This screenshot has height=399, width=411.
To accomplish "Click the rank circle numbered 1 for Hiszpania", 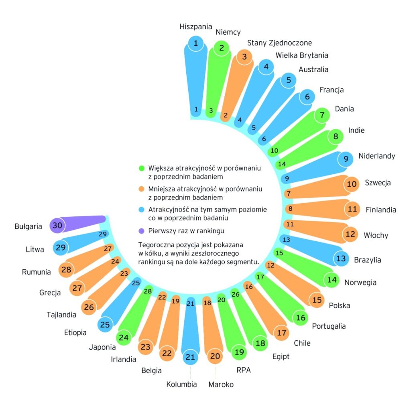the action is click(x=196, y=43).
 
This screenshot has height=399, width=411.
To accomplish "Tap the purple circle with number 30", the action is click(x=57, y=225).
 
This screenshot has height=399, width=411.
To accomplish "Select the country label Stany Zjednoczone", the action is click(x=279, y=43).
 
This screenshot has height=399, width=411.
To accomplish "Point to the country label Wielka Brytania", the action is click(x=302, y=55).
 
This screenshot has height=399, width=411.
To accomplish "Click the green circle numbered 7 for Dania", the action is click(x=322, y=115).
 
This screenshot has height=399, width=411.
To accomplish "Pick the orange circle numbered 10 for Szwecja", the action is click(x=352, y=184).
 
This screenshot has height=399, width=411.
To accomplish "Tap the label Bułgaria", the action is click(x=28, y=226).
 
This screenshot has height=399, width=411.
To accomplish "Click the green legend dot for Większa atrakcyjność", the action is click(x=142, y=168).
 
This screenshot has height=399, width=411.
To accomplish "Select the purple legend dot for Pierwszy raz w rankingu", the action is click(x=141, y=231).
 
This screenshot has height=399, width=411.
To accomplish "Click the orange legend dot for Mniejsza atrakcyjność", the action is click(x=142, y=189).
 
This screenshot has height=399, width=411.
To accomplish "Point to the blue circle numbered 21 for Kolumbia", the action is click(x=190, y=357).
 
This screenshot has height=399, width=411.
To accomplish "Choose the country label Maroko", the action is click(x=221, y=384).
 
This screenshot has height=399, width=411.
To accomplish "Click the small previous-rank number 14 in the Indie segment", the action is click(x=282, y=164).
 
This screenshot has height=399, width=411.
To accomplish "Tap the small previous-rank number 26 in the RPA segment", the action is click(x=235, y=294).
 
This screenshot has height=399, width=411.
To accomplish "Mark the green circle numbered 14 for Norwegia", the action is click(x=332, y=280).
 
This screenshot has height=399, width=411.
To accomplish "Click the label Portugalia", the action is click(x=329, y=326).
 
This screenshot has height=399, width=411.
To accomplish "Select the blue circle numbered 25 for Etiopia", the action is click(x=105, y=325).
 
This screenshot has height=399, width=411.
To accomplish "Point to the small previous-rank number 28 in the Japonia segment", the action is click(x=148, y=291).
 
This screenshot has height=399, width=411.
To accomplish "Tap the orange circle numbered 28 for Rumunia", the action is click(x=66, y=269).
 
